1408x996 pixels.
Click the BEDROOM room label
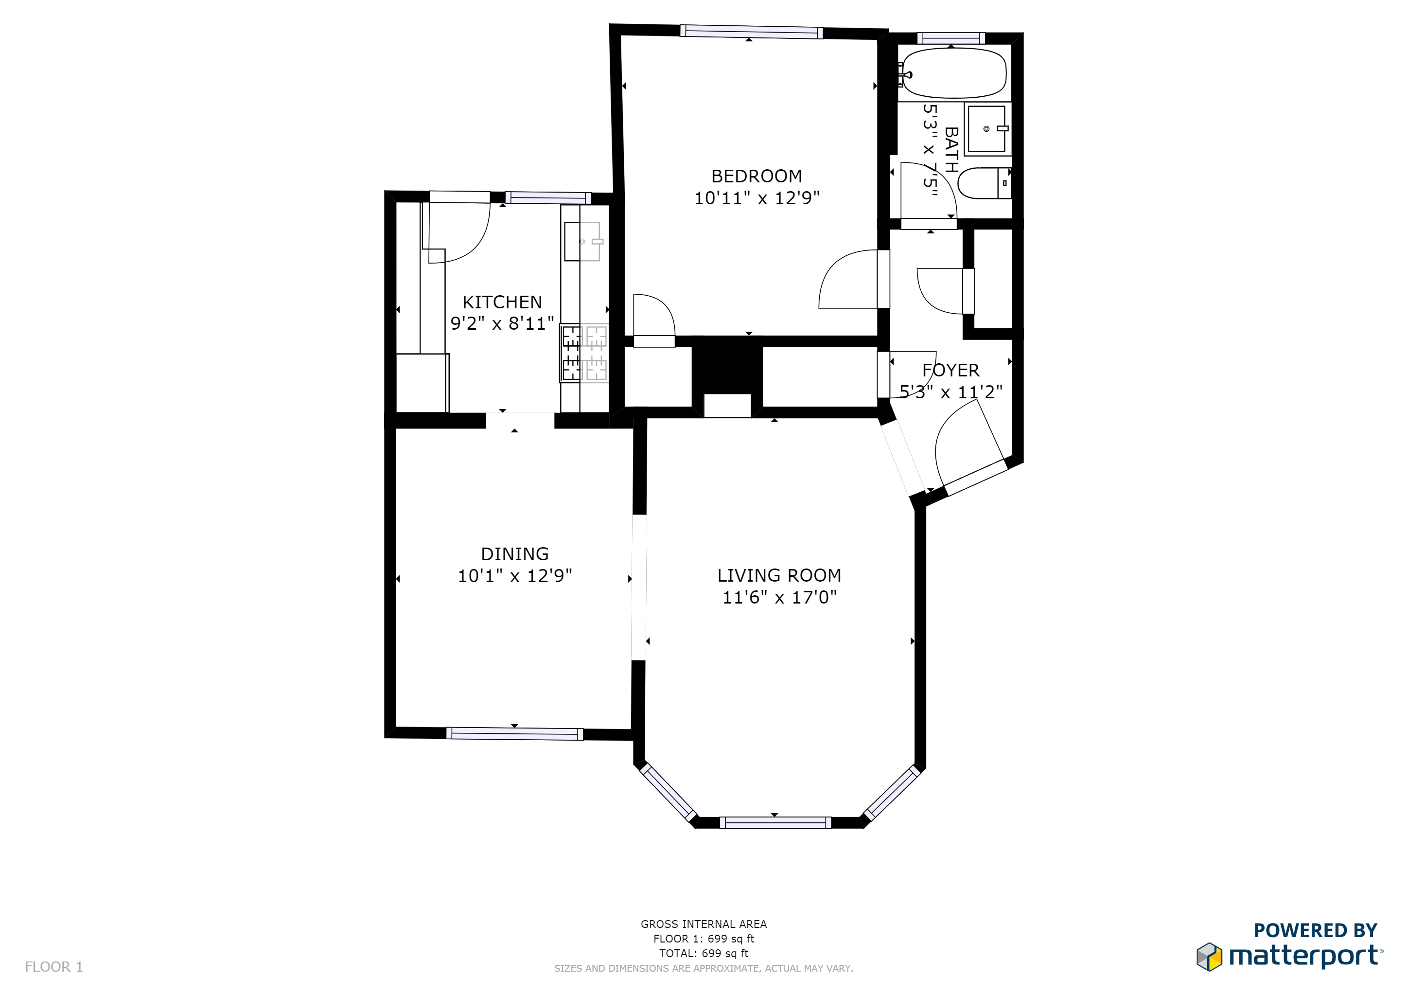[756, 177]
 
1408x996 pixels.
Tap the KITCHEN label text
[502, 302]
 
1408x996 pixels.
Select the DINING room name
[514, 554]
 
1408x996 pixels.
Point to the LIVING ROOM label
[779, 576]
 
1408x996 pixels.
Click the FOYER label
[950, 371]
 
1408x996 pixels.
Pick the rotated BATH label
[951, 150]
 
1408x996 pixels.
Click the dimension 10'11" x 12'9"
[756, 198]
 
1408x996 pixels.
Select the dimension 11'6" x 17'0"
[779, 597]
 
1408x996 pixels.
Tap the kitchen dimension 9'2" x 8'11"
[502, 324]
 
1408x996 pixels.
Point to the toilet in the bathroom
[983, 183]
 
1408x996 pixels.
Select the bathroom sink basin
[986, 129]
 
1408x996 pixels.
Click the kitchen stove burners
[584, 353]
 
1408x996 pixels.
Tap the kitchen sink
[582, 242]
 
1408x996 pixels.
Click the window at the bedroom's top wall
[751, 32]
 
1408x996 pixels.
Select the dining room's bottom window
[514, 733]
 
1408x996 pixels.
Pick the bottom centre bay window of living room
[775, 822]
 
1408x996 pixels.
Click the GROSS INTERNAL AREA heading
[704, 924]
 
